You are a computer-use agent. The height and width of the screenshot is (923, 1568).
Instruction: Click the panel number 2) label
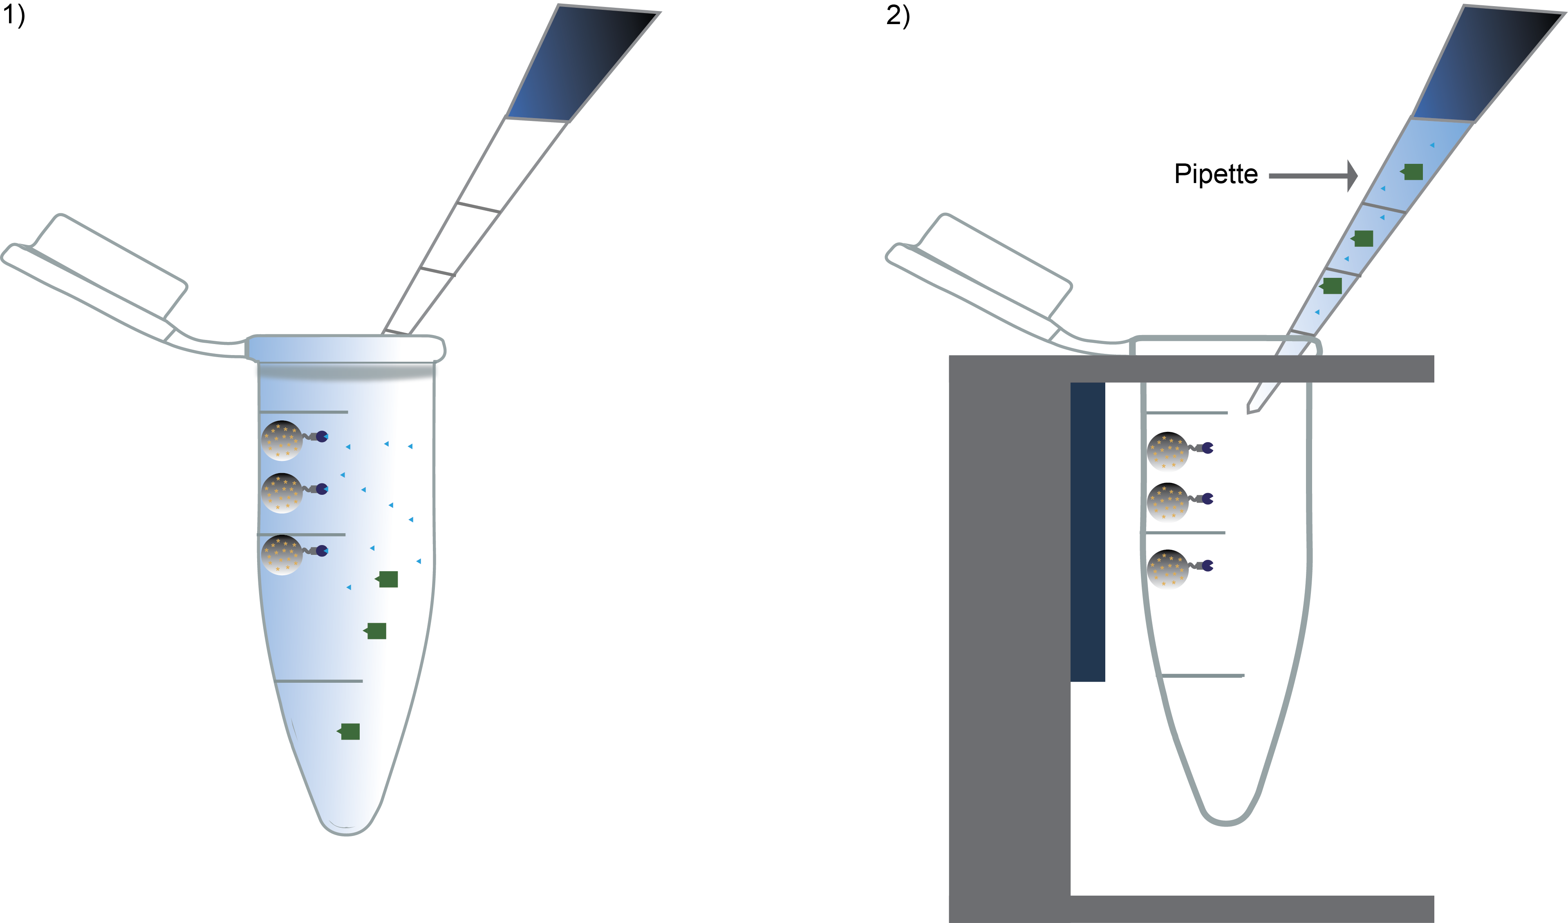(898, 15)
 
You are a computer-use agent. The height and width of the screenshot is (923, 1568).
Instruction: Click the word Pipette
(1216, 174)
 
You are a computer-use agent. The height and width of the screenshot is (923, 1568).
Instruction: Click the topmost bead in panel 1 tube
(282, 440)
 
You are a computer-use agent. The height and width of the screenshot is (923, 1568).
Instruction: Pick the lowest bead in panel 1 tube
(282, 555)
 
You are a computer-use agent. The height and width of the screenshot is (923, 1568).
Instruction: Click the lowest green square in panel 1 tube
(349, 731)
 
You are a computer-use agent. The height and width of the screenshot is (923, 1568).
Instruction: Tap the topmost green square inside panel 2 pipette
(1413, 172)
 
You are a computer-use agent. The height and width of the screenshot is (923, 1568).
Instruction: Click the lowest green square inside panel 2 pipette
(1332, 286)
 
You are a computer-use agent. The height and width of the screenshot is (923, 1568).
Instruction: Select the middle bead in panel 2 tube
(1168, 501)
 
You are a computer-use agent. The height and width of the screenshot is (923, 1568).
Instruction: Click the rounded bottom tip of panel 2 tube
(1225, 820)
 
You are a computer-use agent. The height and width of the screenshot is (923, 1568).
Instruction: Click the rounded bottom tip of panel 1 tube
(346, 830)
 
